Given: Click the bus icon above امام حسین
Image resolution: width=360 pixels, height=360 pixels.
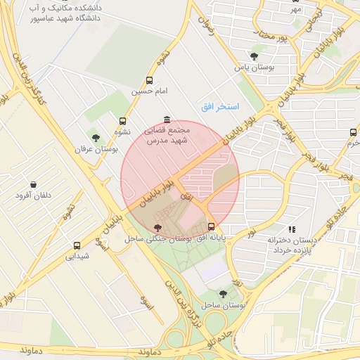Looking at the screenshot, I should [x=148, y=81].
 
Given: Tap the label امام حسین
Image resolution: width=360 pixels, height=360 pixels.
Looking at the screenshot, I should [x=148, y=92].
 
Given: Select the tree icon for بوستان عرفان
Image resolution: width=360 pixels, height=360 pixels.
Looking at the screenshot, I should [x=96, y=137].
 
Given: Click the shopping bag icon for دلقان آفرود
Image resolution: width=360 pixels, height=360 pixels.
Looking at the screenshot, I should [x=33, y=184].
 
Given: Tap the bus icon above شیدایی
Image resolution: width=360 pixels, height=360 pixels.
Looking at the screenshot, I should [x=77, y=245].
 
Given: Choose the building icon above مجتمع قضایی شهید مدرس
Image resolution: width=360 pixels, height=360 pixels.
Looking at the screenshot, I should [x=166, y=120].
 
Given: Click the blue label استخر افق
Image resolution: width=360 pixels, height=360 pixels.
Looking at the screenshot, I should [x=219, y=106].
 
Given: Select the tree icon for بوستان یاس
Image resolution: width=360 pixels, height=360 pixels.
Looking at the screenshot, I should [x=254, y=56].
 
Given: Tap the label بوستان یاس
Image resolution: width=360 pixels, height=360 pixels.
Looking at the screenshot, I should [x=252, y=67].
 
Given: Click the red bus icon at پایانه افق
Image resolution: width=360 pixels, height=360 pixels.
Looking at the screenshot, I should [x=212, y=226].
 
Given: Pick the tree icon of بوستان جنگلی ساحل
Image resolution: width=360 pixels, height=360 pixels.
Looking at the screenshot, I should [x=157, y=227].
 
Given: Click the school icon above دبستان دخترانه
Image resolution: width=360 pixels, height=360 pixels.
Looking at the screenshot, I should [x=292, y=229].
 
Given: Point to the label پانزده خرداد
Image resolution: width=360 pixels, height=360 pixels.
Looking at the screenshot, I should [x=291, y=250].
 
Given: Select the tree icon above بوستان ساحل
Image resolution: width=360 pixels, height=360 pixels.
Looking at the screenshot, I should [x=223, y=294].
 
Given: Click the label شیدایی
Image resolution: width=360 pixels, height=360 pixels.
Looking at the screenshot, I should [x=77, y=257].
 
